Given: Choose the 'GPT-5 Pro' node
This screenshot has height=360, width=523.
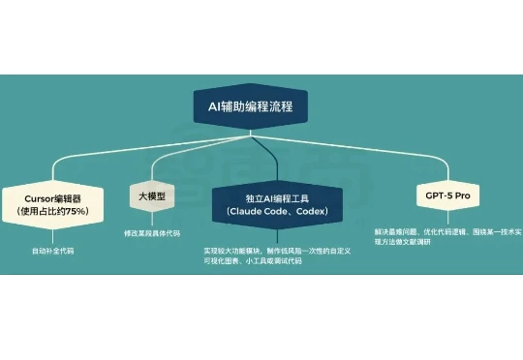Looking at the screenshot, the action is click(x=447, y=195).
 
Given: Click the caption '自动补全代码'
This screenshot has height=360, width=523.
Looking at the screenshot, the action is click(x=52, y=251).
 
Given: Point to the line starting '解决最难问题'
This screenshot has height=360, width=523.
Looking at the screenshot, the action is click(x=446, y=232).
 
